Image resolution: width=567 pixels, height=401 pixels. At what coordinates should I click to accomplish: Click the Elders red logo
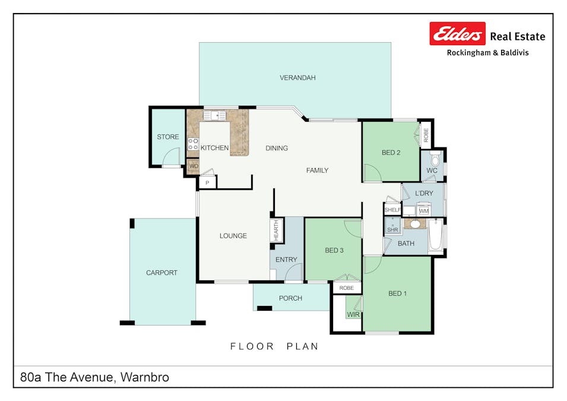[x=458, y=34]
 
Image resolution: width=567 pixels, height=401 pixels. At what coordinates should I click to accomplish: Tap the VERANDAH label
[x=297, y=78]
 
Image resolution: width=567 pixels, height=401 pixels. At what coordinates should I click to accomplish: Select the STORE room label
[x=167, y=137]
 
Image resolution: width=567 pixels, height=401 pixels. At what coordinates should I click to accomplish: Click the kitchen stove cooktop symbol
[x=193, y=143]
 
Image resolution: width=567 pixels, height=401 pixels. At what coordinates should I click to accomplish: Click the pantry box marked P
[x=207, y=184]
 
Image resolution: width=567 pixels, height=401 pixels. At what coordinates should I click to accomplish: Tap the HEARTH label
[x=276, y=230]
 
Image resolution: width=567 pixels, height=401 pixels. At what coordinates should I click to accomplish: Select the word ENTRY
[x=286, y=260]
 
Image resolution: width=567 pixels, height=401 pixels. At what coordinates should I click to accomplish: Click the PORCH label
[x=290, y=298]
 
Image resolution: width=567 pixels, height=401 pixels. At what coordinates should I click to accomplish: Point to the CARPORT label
[x=161, y=273]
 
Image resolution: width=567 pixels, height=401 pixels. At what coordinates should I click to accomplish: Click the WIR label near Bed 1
[x=353, y=314]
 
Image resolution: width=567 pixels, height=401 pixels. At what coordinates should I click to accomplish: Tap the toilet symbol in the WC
[x=435, y=159]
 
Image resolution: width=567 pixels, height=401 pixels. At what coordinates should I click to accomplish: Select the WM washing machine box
[x=423, y=210]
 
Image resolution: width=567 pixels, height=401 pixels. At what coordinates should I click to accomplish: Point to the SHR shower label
[x=392, y=229]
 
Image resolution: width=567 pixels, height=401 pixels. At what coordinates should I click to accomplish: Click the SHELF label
[x=392, y=210]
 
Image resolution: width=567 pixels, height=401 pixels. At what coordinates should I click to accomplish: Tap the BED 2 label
[x=391, y=153]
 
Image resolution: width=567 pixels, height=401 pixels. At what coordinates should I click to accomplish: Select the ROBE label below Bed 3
[x=347, y=288]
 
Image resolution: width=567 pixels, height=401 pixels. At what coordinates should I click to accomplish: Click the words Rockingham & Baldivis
[x=487, y=53]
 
